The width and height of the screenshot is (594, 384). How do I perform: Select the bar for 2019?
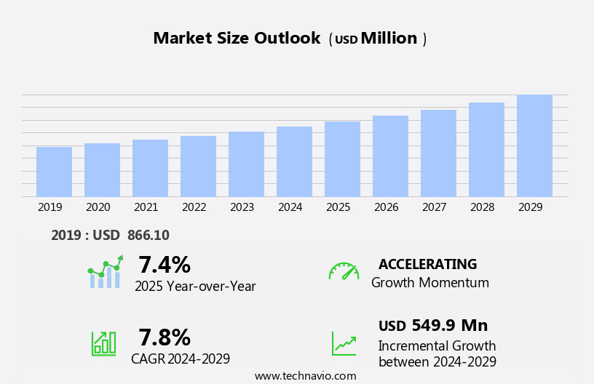coord(54,172)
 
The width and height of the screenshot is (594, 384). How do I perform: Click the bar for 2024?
coord(294,161)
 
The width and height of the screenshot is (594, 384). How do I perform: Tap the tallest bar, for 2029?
coord(534,145)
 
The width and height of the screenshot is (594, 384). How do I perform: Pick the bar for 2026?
coord(390,156)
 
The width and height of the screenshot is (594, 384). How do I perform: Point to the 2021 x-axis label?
coord(146,207)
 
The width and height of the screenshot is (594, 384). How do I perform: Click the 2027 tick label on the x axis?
coord(434,207)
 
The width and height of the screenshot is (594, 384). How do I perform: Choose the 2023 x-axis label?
coord(242,207)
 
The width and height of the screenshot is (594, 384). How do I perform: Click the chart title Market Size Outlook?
coord(237,39)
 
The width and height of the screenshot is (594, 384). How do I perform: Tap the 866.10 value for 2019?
coord(148,235)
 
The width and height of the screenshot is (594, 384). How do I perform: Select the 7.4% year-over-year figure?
coord(165,265)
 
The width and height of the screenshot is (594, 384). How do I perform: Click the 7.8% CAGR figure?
coord(165,337)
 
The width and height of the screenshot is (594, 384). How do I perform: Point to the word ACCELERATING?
coord(427,264)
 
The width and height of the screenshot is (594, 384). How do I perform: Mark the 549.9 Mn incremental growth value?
coord(449,325)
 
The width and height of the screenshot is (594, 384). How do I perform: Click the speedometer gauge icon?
coord(344,271)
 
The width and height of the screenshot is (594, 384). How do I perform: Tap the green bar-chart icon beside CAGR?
coord(103,343)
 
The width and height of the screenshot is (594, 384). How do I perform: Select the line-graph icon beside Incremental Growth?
coord(344,343)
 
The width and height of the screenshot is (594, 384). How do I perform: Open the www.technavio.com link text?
coord(305,375)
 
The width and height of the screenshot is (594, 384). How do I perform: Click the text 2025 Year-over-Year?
coord(195,287)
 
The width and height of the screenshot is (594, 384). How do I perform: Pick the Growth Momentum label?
coord(429,283)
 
